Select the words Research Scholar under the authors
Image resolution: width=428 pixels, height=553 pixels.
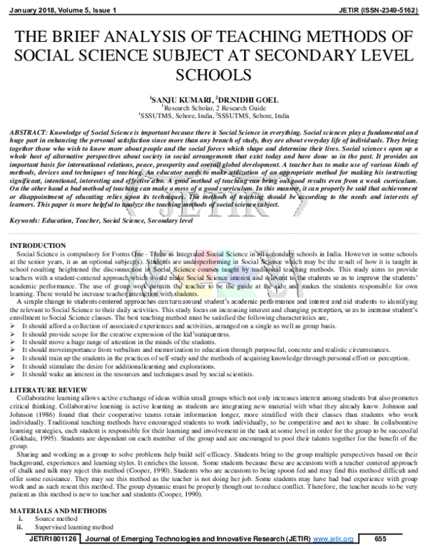tap(186, 107)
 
